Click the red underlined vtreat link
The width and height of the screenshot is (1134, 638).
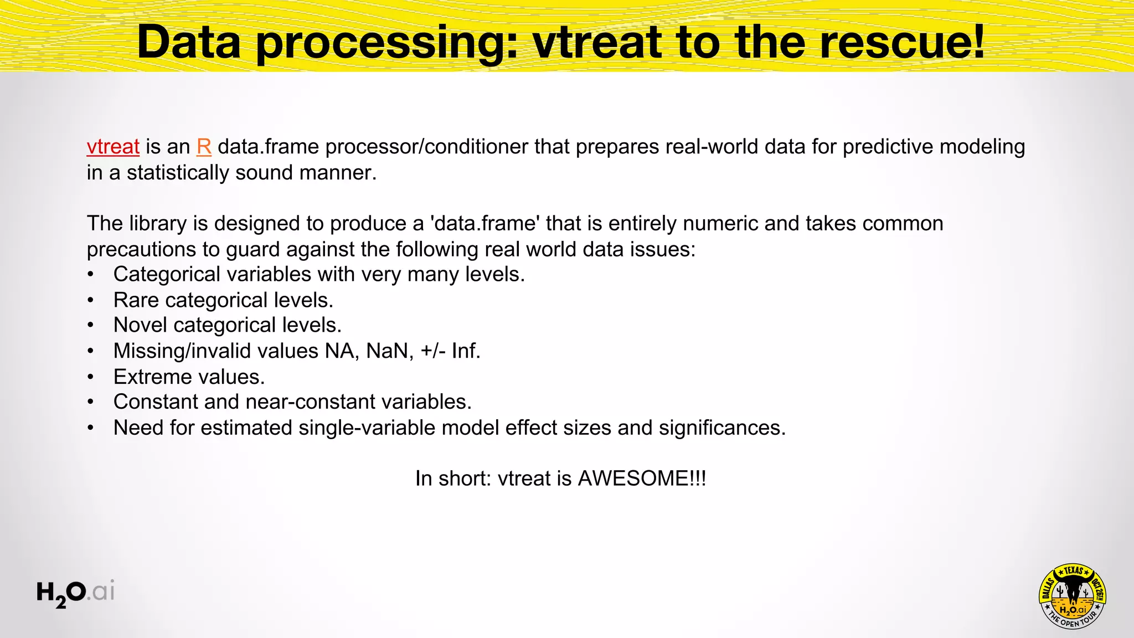pos(113,147)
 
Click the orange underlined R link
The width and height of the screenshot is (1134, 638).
pos(204,147)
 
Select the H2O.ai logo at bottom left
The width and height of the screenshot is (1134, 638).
pos(75,593)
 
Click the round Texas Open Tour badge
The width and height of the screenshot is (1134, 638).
pos(1073,596)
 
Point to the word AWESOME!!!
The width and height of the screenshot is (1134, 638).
pos(642,478)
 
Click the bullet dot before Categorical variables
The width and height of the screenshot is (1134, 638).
pos(91,275)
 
